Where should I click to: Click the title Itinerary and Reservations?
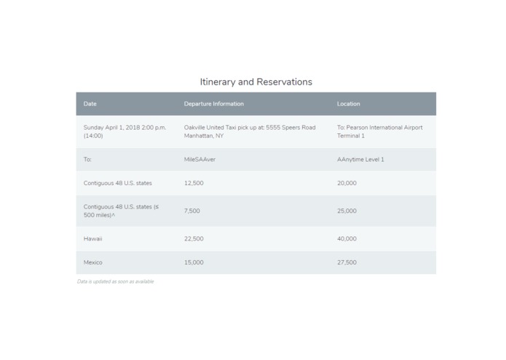(x=256, y=82)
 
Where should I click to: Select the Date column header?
(x=90, y=104)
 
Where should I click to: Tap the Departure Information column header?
(x=213, y=104)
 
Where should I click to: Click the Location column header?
(x=348, y=104)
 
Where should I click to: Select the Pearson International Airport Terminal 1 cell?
(x=379, y=131)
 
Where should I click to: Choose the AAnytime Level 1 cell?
(x=360, y=160)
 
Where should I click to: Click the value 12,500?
(x=194, y=183)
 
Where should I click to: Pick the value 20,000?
(x=347, y=183)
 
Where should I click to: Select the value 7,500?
(x=191, y=211)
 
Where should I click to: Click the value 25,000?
(x=347, y=211)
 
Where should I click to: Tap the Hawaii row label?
(x=92, y=238)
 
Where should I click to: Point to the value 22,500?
(x=194, y=238)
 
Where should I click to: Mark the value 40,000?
(x=347, y=238)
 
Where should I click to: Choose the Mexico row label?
(x=92, y=262)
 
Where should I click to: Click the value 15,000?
(x=194, y=262)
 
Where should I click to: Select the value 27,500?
(x=347, y=262)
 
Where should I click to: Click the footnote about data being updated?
(x=115, y=281)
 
